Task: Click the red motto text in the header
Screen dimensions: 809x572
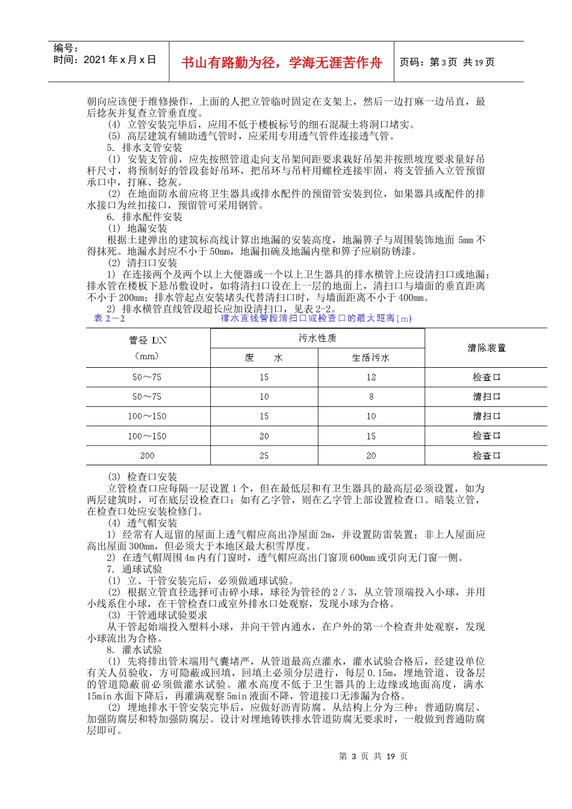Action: point(282,63)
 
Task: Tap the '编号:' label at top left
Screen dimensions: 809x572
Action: point(66,48)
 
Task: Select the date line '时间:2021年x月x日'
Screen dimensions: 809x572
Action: point(105,60)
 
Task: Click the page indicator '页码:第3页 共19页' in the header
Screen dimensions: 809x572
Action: point(447,63)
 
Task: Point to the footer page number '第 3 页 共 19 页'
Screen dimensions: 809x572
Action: point(373,756)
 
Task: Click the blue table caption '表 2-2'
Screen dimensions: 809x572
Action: point(109,318)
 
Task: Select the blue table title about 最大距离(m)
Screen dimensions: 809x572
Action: point(316,318)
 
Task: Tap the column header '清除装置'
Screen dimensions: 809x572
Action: point(487,348)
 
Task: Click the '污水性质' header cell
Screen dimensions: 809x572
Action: point(317,338)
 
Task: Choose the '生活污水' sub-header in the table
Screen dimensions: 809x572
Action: point(371,358)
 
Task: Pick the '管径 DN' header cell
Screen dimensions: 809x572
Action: point(148,340)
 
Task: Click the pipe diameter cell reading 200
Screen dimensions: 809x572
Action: point(148,456)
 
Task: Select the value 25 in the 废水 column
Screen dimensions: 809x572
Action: point(264,456)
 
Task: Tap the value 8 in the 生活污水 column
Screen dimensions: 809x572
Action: point(371,397)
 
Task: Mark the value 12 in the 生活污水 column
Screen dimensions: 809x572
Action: point(371,377)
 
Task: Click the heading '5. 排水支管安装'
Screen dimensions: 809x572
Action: point(145,147)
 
